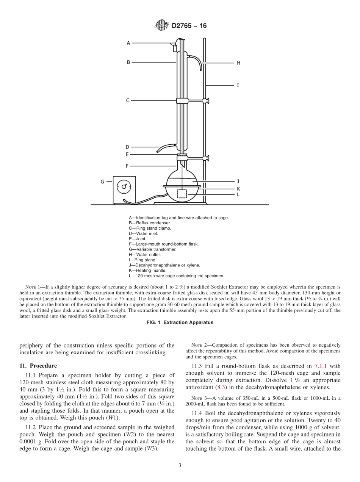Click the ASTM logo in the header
pos(162,26)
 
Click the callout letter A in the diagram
pos(128,43)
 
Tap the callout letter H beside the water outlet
pos(238,63)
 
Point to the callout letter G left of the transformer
pos(102,182)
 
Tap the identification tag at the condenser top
pos(175,48)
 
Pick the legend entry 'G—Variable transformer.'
pos(152,249)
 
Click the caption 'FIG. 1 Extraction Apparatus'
pos(180,323)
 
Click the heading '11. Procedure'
pos(38,366)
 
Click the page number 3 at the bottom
pos(180,465)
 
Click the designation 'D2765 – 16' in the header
pos(189,26)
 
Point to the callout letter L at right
pos(238,194)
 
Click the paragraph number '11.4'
pos(196,413)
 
